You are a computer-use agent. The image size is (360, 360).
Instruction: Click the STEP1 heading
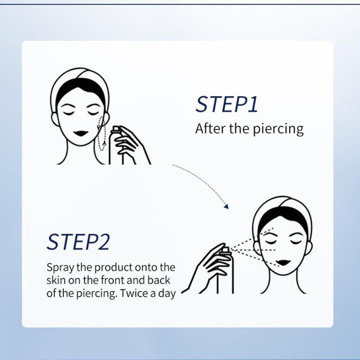point(226,104)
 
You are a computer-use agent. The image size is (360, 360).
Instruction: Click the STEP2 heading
point(78,242)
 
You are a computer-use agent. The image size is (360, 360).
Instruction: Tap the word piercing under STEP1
point(277,129)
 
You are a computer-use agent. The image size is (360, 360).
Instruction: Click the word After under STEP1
point(210,129)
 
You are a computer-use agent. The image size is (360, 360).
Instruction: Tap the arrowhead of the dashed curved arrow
point(226,205)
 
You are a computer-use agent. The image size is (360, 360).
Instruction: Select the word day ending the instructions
point(166,293)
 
